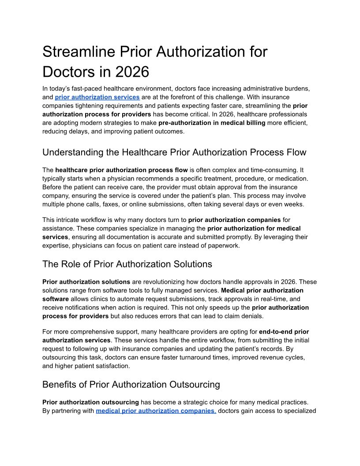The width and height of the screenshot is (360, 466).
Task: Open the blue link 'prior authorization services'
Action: [97, 97]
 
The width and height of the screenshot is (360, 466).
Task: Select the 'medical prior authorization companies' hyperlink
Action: [156, 411]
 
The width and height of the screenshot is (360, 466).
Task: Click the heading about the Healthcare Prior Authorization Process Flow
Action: [174, 153]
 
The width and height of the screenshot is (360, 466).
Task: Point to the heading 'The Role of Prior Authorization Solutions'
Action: [127, 264]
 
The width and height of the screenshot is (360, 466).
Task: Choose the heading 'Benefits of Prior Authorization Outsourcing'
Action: [131, 384]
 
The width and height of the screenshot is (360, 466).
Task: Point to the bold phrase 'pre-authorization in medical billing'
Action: [212, 122]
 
